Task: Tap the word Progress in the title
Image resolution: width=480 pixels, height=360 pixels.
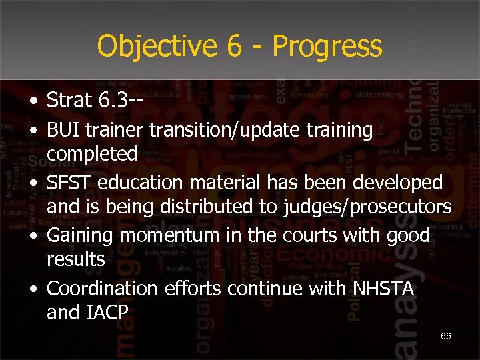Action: (x=327, y=47)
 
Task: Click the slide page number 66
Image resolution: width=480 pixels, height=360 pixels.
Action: (x=445, y=336)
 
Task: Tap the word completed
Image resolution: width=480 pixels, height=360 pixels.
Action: (x=92, y=155)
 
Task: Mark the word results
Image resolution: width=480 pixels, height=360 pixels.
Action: (x=76, y=259)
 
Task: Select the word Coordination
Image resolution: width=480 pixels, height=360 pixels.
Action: (x=103, y=289)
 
